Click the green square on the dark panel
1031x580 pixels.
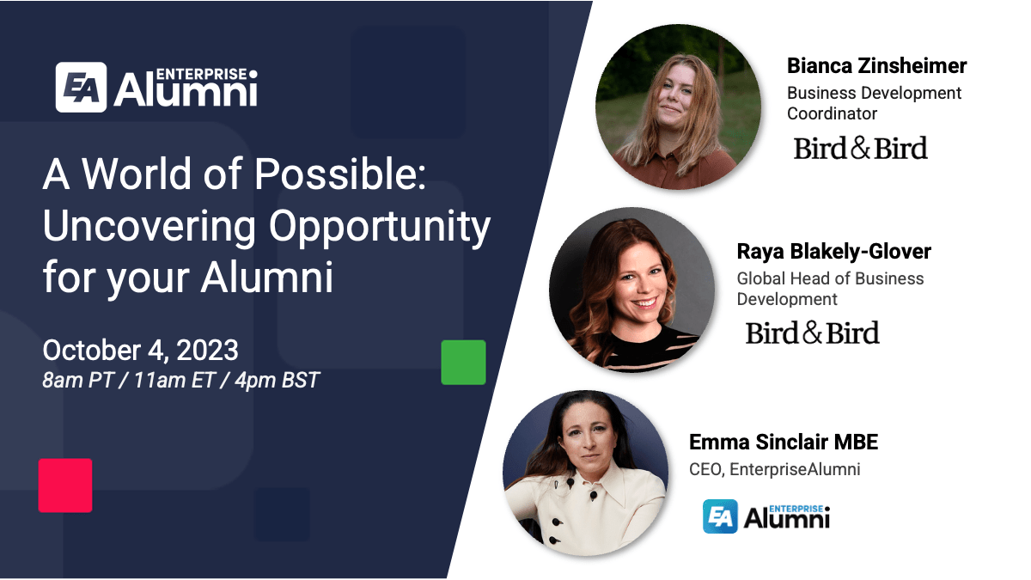(463, 362)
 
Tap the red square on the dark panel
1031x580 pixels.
(65, 485)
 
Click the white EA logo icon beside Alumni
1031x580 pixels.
(82, 87)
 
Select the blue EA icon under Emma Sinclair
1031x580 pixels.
(720, 516)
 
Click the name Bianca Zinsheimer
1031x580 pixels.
(876, 66)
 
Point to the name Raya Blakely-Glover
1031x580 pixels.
(833, 252)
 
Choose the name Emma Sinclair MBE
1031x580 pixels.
(783, 443)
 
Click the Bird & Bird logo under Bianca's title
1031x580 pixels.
(860, 149)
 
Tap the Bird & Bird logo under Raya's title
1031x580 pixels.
(812, 333)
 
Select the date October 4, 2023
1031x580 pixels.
(140, 351)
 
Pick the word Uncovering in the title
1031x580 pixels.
(149, 227)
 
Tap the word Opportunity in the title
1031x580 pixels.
(380, 227)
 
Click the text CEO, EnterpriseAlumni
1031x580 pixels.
(774, 469)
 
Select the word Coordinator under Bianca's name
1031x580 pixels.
(832, 113)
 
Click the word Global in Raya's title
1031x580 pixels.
(762, 278)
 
